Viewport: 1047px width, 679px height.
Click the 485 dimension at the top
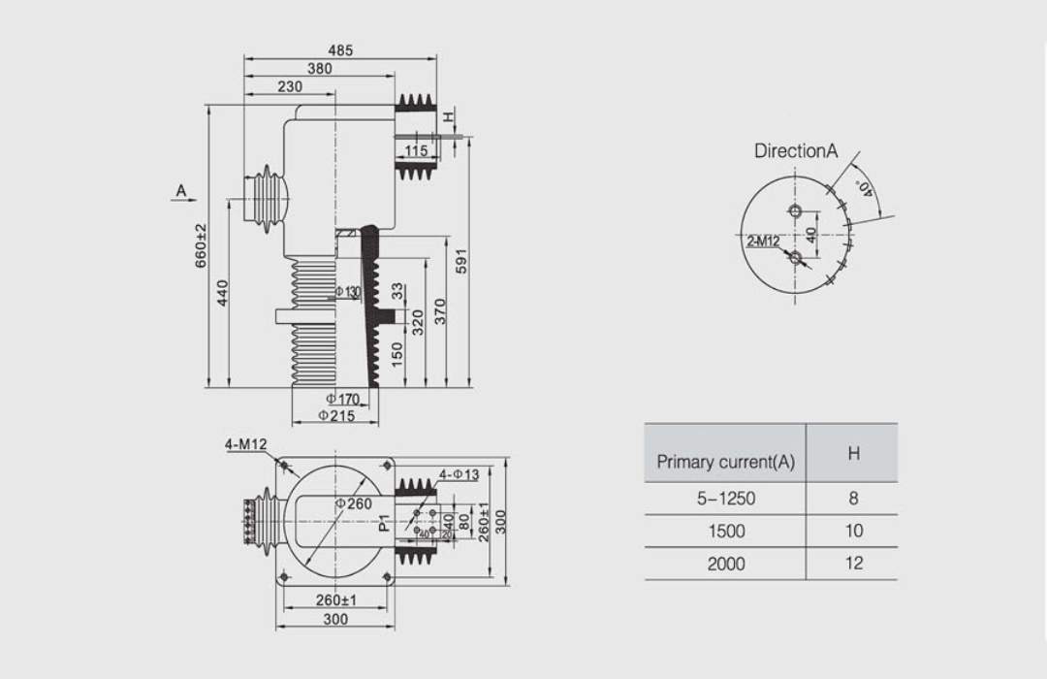[x=339, y=49]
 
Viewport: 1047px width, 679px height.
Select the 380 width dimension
[x=319, y=69]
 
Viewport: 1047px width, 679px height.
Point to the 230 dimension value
[x=289, y=86]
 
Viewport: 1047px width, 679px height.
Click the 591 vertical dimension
[x=462, y=261]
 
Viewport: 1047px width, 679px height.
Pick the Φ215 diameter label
[x=335, y=416]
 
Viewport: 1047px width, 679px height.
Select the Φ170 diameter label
[x=341, y=399]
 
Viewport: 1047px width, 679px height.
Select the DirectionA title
[x=795, y=151]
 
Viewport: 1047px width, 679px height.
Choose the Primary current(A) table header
[x=725, y=462]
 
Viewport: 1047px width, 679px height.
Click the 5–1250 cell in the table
[x=725, y=499]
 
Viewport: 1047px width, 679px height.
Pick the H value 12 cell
[x=853, y=564]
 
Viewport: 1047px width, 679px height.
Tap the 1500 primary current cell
[x=725, y=531]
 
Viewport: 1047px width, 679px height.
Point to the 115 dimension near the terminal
[x=416, y=150]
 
